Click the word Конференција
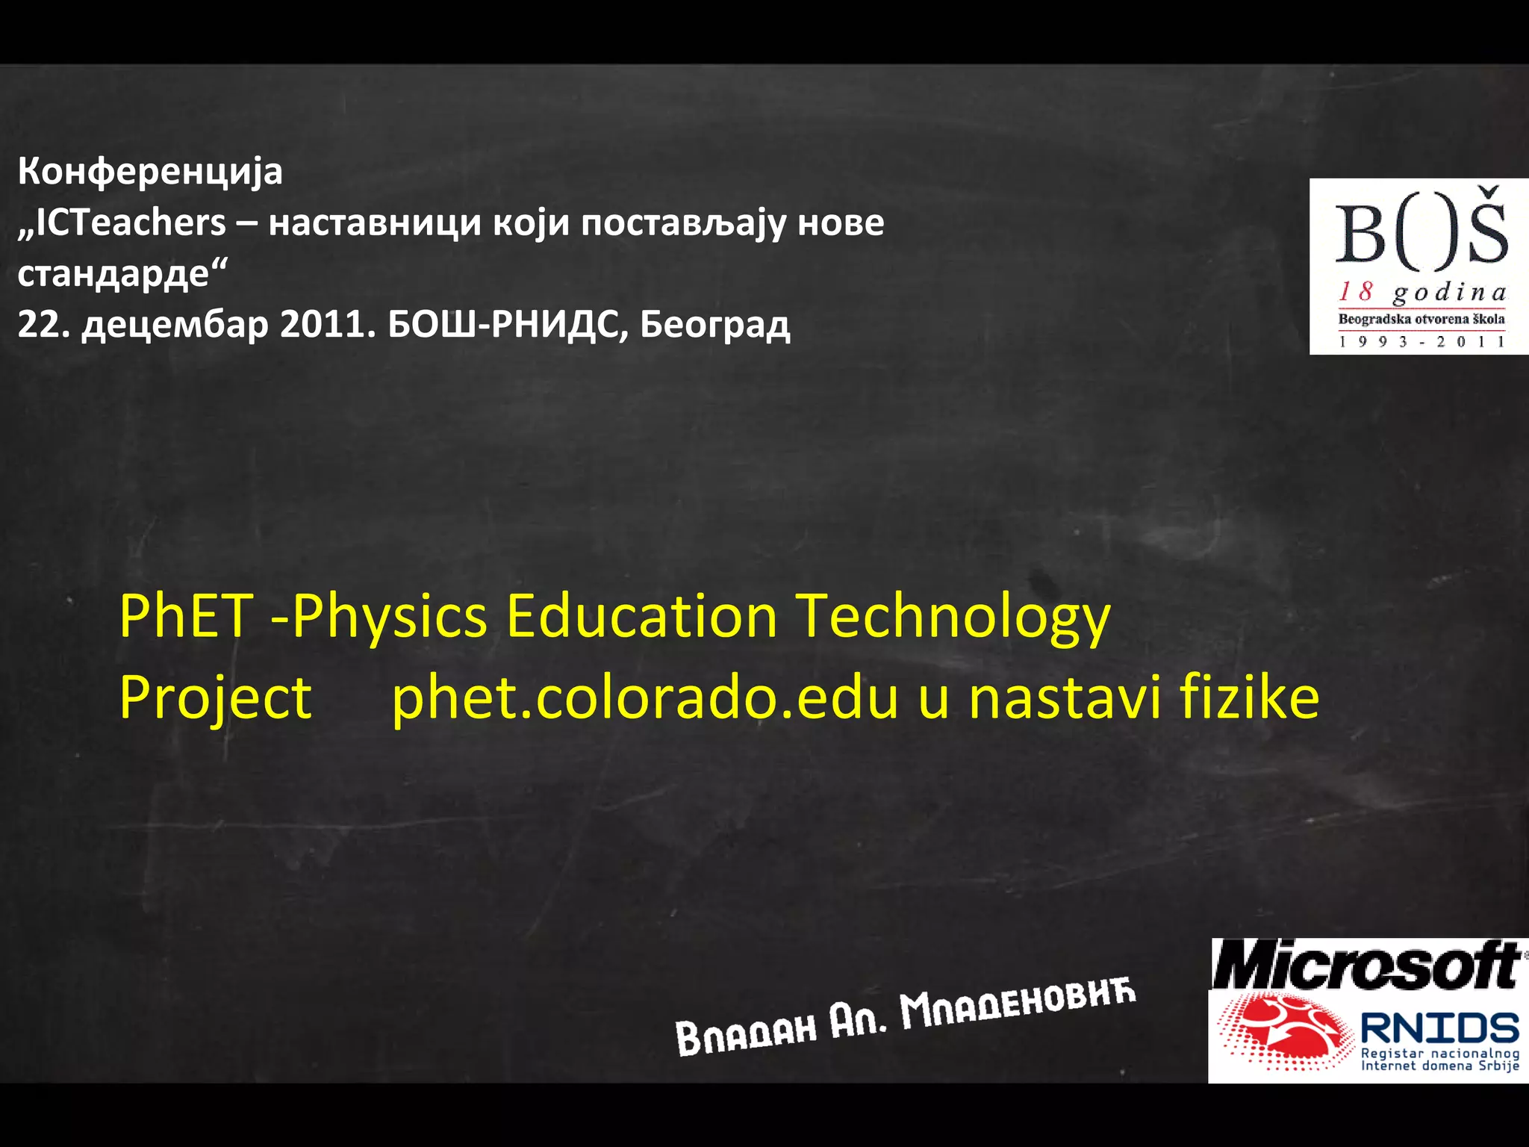[150, 172]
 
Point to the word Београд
[714, 324]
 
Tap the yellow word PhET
[187, 616]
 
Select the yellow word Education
[641, 616]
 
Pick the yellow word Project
[216, 698]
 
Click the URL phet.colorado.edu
[645, 698]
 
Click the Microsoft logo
[1366, 965]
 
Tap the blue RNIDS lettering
[1439, 1028]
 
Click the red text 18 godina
[1421, 292]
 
